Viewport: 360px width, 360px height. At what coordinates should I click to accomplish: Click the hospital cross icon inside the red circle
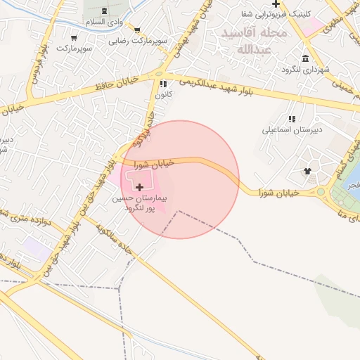[140, 187]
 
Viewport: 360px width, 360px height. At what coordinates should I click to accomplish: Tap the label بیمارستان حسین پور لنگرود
[139, 204]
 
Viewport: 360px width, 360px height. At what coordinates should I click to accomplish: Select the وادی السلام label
[105, 22]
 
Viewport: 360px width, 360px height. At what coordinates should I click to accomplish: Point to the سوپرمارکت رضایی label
[138, 41]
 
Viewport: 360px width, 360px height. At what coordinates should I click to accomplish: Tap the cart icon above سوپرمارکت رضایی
[137, 30]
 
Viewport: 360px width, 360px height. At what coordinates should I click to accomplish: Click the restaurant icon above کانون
[163, 84]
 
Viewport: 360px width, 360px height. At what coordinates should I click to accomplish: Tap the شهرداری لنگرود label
[305, 70]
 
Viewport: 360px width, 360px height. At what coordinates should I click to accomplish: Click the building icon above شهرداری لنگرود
[305, 58]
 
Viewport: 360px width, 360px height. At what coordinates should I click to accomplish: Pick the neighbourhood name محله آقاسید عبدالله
[253, 41]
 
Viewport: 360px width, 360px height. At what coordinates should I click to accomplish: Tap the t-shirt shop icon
[307, 170]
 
